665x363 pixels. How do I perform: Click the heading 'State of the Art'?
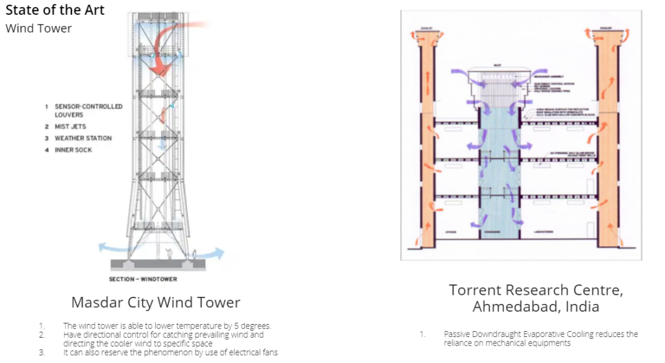point(55,11)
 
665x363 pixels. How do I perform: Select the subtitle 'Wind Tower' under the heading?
point(38,28)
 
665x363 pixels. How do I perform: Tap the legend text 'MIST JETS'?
point(70,127)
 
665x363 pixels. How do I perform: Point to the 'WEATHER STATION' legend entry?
point(83,138)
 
